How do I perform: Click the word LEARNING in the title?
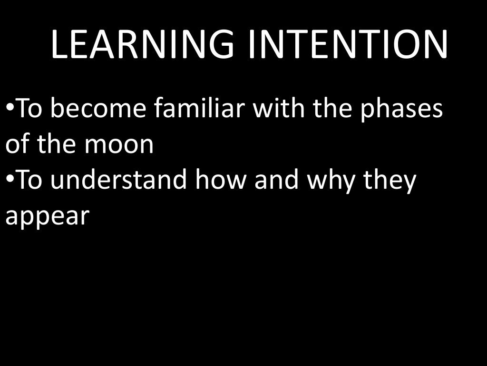pyautogui.click(x=142, y=45)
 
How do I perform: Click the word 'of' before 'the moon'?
pyautogui.click(x=17, y=145)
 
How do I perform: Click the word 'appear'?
pyautogui.click(x=47, y=217)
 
